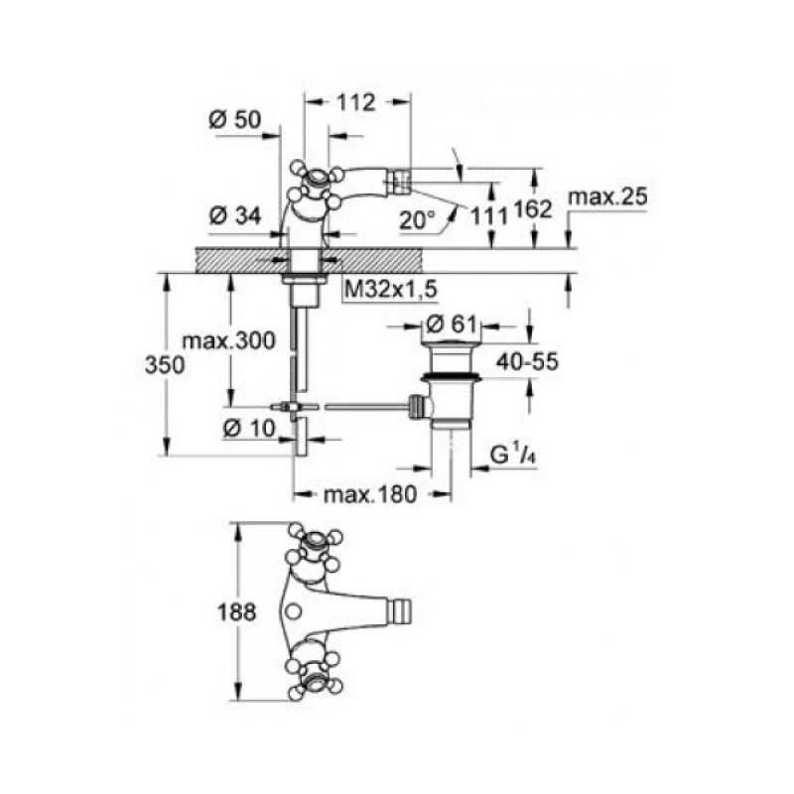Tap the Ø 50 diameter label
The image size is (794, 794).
(235, 120)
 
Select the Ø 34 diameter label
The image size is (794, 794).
(235, 216)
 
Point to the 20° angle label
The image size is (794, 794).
(416, 220)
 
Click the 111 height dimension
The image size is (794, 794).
(488, 216)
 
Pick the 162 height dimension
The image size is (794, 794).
(532, 209)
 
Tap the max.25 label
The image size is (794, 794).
(607, 196)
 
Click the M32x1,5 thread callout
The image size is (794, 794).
(390, 290)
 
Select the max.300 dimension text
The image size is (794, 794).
(229, 340)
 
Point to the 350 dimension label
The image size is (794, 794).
(165, 364)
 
